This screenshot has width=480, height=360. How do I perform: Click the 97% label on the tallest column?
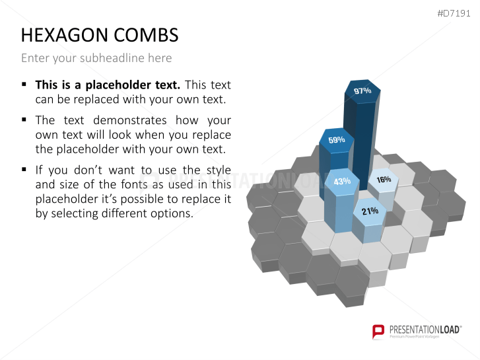(362, 90)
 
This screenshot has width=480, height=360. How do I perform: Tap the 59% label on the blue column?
(337, 140)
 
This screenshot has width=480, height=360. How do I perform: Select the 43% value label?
(342, 182)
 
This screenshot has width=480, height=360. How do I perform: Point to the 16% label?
(384, 179)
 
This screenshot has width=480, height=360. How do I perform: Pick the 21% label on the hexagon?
(370, 211)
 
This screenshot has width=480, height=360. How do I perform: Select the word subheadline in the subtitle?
(112, 58)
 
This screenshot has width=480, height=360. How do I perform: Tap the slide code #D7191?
(454, 13)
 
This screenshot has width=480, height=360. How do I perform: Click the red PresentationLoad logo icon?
(378, 332)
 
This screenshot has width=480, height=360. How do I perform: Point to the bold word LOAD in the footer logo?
(450, 330)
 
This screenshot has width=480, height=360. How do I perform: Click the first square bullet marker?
(24, 85)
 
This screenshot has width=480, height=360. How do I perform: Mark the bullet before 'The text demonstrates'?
(24, 120)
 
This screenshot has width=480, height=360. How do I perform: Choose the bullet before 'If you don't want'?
(24, 169)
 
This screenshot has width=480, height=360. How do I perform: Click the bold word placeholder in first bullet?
(133, 85)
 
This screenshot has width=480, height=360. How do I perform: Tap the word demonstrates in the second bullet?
(130, 120)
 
